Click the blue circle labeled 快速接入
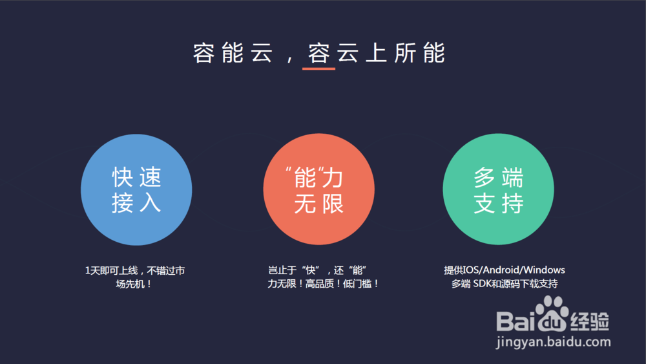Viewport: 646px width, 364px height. coord(136,189)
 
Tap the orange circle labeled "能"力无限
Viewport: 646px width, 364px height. coord(319,189)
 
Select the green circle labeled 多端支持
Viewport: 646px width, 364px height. coord(499,189)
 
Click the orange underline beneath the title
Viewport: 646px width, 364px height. coord(319,69)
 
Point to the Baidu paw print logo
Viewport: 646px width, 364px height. coord(551,314)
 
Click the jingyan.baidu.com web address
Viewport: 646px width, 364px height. coord(554,342)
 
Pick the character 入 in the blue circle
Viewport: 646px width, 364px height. coord(150,203)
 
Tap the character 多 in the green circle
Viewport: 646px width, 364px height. coord(485,177)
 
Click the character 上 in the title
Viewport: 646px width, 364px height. coord(376,53)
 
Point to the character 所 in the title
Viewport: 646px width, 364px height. coord(404,53)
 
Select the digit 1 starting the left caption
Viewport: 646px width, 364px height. coord(87,270)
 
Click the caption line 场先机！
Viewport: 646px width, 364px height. coord(134,284)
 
